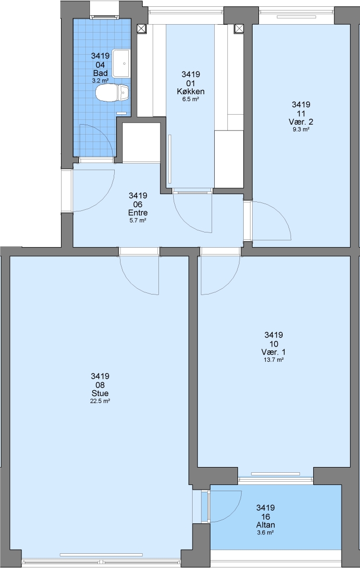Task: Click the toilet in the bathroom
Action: pos(112,94)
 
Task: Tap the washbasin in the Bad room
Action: pos(121,64)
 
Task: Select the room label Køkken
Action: pos(191,92)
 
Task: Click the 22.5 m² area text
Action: pos(100,401)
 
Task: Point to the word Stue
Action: pos(100,393)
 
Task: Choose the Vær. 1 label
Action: pos(273,352)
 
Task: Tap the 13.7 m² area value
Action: pos(273,360)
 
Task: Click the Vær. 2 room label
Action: pos(301,121)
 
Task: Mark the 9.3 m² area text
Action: pos(301,129)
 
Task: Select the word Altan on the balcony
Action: pos(265,525)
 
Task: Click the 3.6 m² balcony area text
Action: pos(265,532)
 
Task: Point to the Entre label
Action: pos(138,212)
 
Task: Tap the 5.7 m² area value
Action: pos(138,220)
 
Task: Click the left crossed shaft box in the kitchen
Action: pos(142,28)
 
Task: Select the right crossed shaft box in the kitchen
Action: pos(239,28)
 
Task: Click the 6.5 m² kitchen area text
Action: pos(191,99)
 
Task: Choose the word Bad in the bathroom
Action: pos(100,73)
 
